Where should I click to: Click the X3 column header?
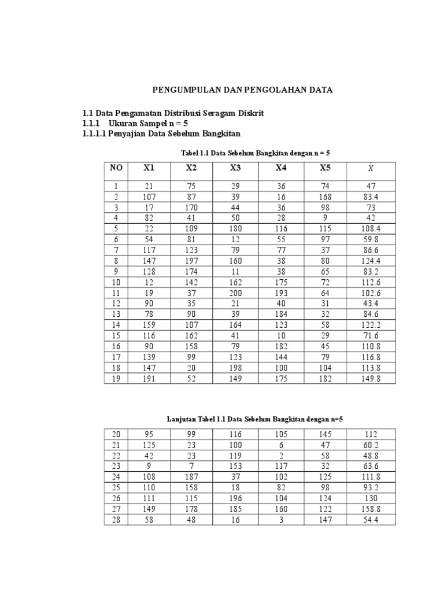coord(235,168)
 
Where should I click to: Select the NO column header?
coord(116,168)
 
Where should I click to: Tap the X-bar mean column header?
coord(371,168)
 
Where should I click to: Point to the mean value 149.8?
coord(371,379)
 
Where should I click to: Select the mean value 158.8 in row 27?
coord(371,510)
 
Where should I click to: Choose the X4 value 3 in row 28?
coord(281,520)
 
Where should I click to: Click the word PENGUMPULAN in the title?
coord(180,91)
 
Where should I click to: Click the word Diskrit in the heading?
coord(251,113)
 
